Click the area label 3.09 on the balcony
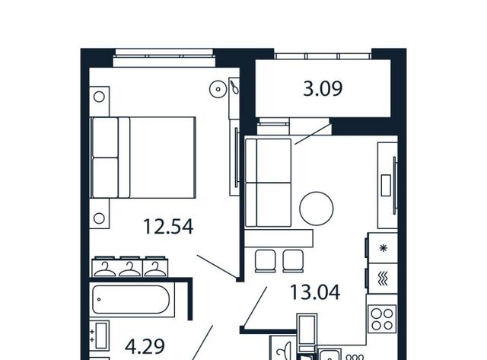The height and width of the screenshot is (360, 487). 323,88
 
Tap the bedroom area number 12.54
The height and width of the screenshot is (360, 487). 168,227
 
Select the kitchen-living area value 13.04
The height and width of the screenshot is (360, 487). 314,292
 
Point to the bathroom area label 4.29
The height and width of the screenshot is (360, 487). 145,346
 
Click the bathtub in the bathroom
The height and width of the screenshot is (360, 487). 131,299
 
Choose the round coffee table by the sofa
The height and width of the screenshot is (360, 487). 317,209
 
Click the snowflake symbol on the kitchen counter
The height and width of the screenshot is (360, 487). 384,248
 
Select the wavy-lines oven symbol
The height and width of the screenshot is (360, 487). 383,279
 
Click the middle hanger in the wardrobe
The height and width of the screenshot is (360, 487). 130,269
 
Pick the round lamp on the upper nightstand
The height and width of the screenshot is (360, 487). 99,97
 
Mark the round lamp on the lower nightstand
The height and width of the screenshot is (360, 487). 99,218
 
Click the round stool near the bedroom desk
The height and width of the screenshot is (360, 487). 218,89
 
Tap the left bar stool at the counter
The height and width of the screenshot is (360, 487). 266,260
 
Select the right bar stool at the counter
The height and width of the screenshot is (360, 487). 293,260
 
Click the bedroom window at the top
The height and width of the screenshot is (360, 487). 164,57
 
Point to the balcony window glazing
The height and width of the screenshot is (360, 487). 323,56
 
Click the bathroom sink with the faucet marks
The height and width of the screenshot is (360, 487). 100,336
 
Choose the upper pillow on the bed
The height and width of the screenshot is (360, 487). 105,137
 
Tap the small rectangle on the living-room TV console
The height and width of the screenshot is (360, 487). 386,186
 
